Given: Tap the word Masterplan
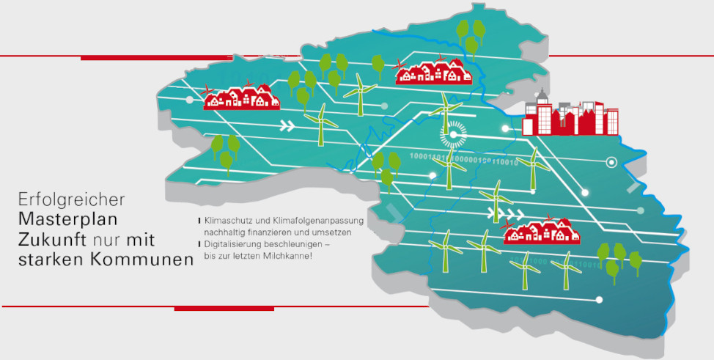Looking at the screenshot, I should point(68,218).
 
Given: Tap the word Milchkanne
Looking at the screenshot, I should point(289,255).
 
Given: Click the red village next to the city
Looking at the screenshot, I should point(433,72).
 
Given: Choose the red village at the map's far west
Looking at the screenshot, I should point(241,97).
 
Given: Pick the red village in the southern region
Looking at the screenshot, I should point(542,231).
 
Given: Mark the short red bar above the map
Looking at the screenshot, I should point(125,58).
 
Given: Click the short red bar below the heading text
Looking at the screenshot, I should point(224,309).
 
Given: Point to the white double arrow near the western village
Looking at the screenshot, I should point(288,125).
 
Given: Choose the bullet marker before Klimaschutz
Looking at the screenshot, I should point(199,220).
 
